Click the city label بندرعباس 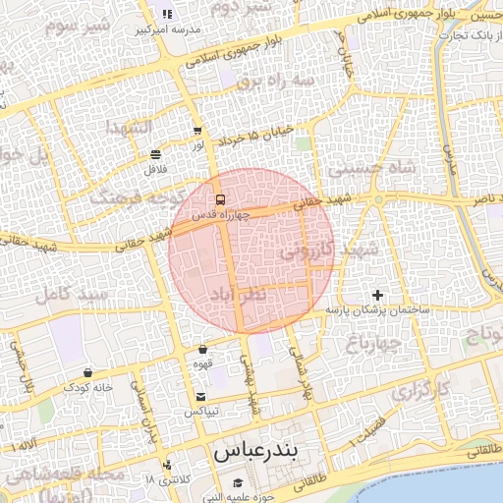coord(254,454)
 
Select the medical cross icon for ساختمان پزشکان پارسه coord(377,295)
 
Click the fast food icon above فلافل coord(155,154)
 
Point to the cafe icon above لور coord(198,130)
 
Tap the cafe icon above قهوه coord(202,349)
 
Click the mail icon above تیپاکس coord(201,396)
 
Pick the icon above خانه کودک coord(89,373)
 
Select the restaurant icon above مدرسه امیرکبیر coord(167,14)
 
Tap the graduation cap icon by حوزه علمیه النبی coord(239,482)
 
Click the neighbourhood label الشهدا coord(128,130)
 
